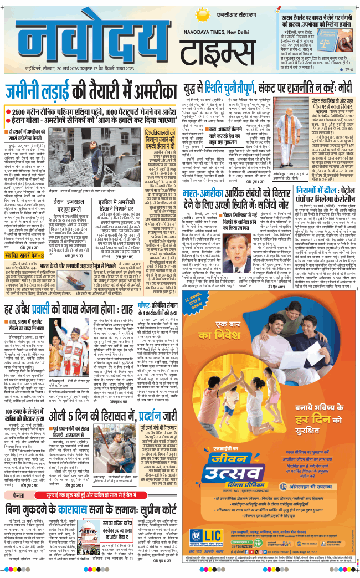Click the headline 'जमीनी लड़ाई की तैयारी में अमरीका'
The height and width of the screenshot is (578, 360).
click(91, 91)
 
